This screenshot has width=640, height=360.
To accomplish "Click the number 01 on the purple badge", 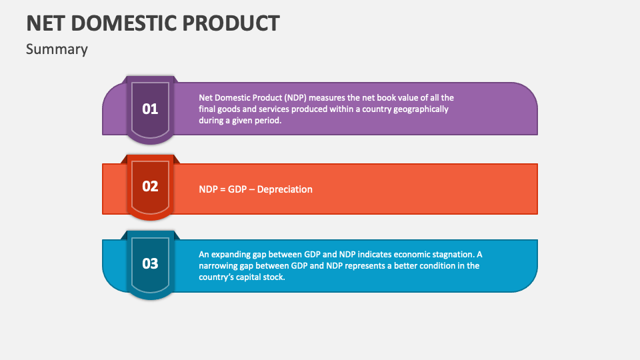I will tap(150, 109).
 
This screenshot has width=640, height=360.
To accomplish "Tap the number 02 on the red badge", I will tap(150, 186).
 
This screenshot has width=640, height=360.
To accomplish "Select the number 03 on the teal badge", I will tap(150, 263).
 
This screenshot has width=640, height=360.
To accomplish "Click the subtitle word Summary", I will tap(57, 49).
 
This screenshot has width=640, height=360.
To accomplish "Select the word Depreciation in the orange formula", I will tap(285, 189).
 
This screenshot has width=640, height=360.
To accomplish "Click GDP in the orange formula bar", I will tap(237, 189).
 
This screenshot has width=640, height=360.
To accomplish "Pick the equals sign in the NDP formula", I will tap(223, 189).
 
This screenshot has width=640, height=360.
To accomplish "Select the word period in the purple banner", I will tap(267, 121).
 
